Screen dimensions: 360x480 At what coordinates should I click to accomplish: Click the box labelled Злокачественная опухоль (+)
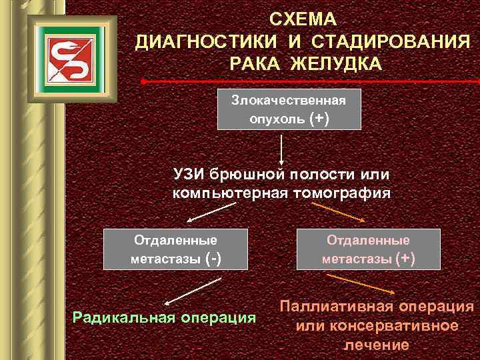[289, 109]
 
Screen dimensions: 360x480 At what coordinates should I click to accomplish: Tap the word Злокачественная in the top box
[289, 100]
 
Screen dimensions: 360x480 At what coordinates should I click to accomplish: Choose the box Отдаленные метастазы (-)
[176, 249]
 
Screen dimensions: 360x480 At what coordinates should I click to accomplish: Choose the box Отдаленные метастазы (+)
[368, 249]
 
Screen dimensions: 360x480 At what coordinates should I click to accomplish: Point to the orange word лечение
[377, 345]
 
